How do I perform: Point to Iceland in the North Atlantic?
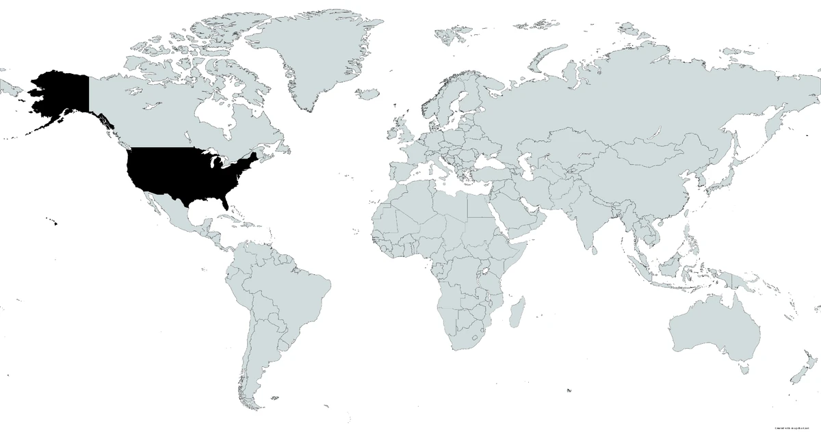coord(369,94)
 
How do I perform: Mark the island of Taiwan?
coord(688,211)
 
